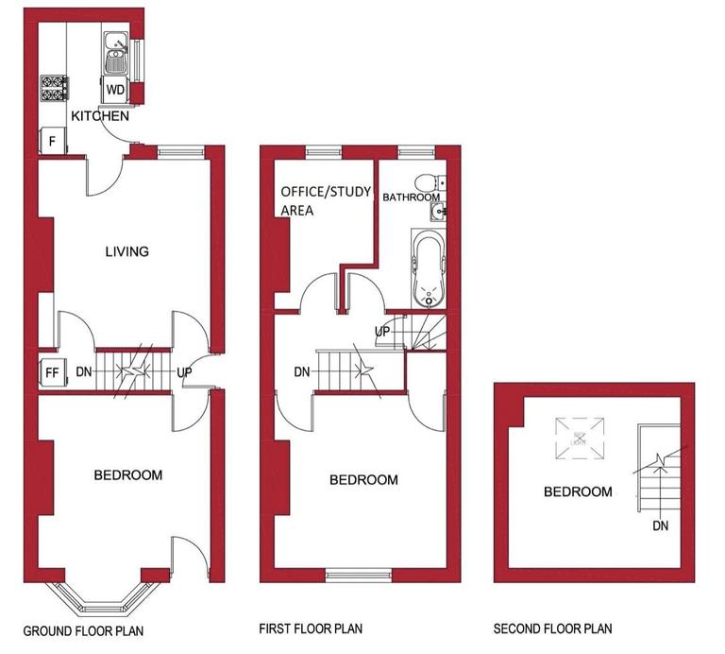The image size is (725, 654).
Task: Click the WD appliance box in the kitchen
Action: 115,90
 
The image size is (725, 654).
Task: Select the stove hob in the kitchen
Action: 51,88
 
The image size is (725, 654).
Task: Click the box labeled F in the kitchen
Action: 52,143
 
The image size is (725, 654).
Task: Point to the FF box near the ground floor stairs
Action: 53,371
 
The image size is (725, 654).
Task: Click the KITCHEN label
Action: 100,116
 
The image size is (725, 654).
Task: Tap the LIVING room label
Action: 126,251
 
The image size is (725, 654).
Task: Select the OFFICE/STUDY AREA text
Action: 313,200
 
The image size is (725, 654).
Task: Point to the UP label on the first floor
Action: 382,332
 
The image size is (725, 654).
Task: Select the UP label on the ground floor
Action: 184,372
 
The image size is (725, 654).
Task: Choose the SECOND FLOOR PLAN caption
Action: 552,628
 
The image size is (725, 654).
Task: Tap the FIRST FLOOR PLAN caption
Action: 311,628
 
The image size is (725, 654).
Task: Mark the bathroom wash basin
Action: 437,210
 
